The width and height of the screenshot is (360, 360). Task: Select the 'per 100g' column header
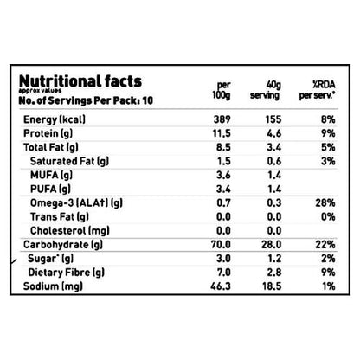(x=224, y=88)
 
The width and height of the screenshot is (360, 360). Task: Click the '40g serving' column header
(x=262, y=88)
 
